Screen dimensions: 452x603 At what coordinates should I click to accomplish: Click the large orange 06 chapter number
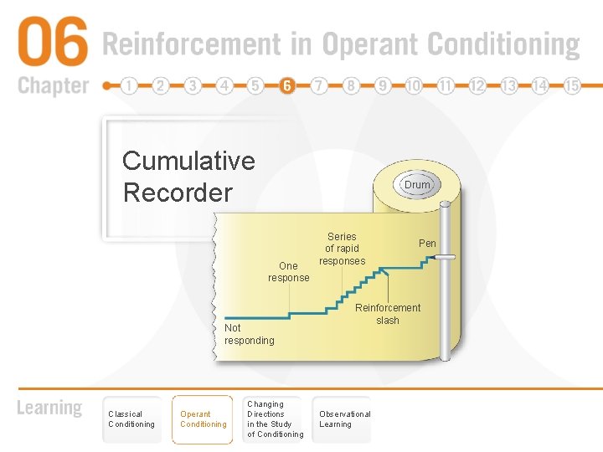(52, 44)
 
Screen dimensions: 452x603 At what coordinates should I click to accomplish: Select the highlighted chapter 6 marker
(287, 86)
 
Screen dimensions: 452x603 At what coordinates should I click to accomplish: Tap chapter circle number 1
(129, 86)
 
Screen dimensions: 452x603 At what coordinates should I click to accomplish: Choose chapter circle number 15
(572, 86)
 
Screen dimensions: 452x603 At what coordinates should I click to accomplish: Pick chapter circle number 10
(414, 86)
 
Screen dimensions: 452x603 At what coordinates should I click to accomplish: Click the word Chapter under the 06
(53, 85)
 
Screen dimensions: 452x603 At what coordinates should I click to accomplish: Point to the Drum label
(416, 185)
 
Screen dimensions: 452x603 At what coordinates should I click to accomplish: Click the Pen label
(427, 244)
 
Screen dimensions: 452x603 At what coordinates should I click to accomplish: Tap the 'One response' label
(289, 272)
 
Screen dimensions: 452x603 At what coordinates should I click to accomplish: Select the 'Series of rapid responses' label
(342, 249)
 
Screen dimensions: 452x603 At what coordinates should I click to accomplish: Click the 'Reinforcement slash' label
(388, 314)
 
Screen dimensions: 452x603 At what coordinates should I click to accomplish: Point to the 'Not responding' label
(249, 334)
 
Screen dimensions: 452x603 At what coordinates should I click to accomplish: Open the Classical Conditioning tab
(131, 419)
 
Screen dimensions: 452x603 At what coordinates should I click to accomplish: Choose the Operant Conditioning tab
(203, 419)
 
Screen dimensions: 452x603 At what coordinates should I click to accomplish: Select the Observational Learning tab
(344, 419)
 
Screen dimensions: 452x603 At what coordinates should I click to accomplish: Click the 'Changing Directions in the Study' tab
(275, 419)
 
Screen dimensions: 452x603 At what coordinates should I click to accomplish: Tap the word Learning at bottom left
(50, 408)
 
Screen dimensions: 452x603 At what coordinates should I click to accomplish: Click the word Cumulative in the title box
(188, 160)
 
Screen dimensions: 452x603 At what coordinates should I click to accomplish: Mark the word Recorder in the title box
(178, 193)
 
